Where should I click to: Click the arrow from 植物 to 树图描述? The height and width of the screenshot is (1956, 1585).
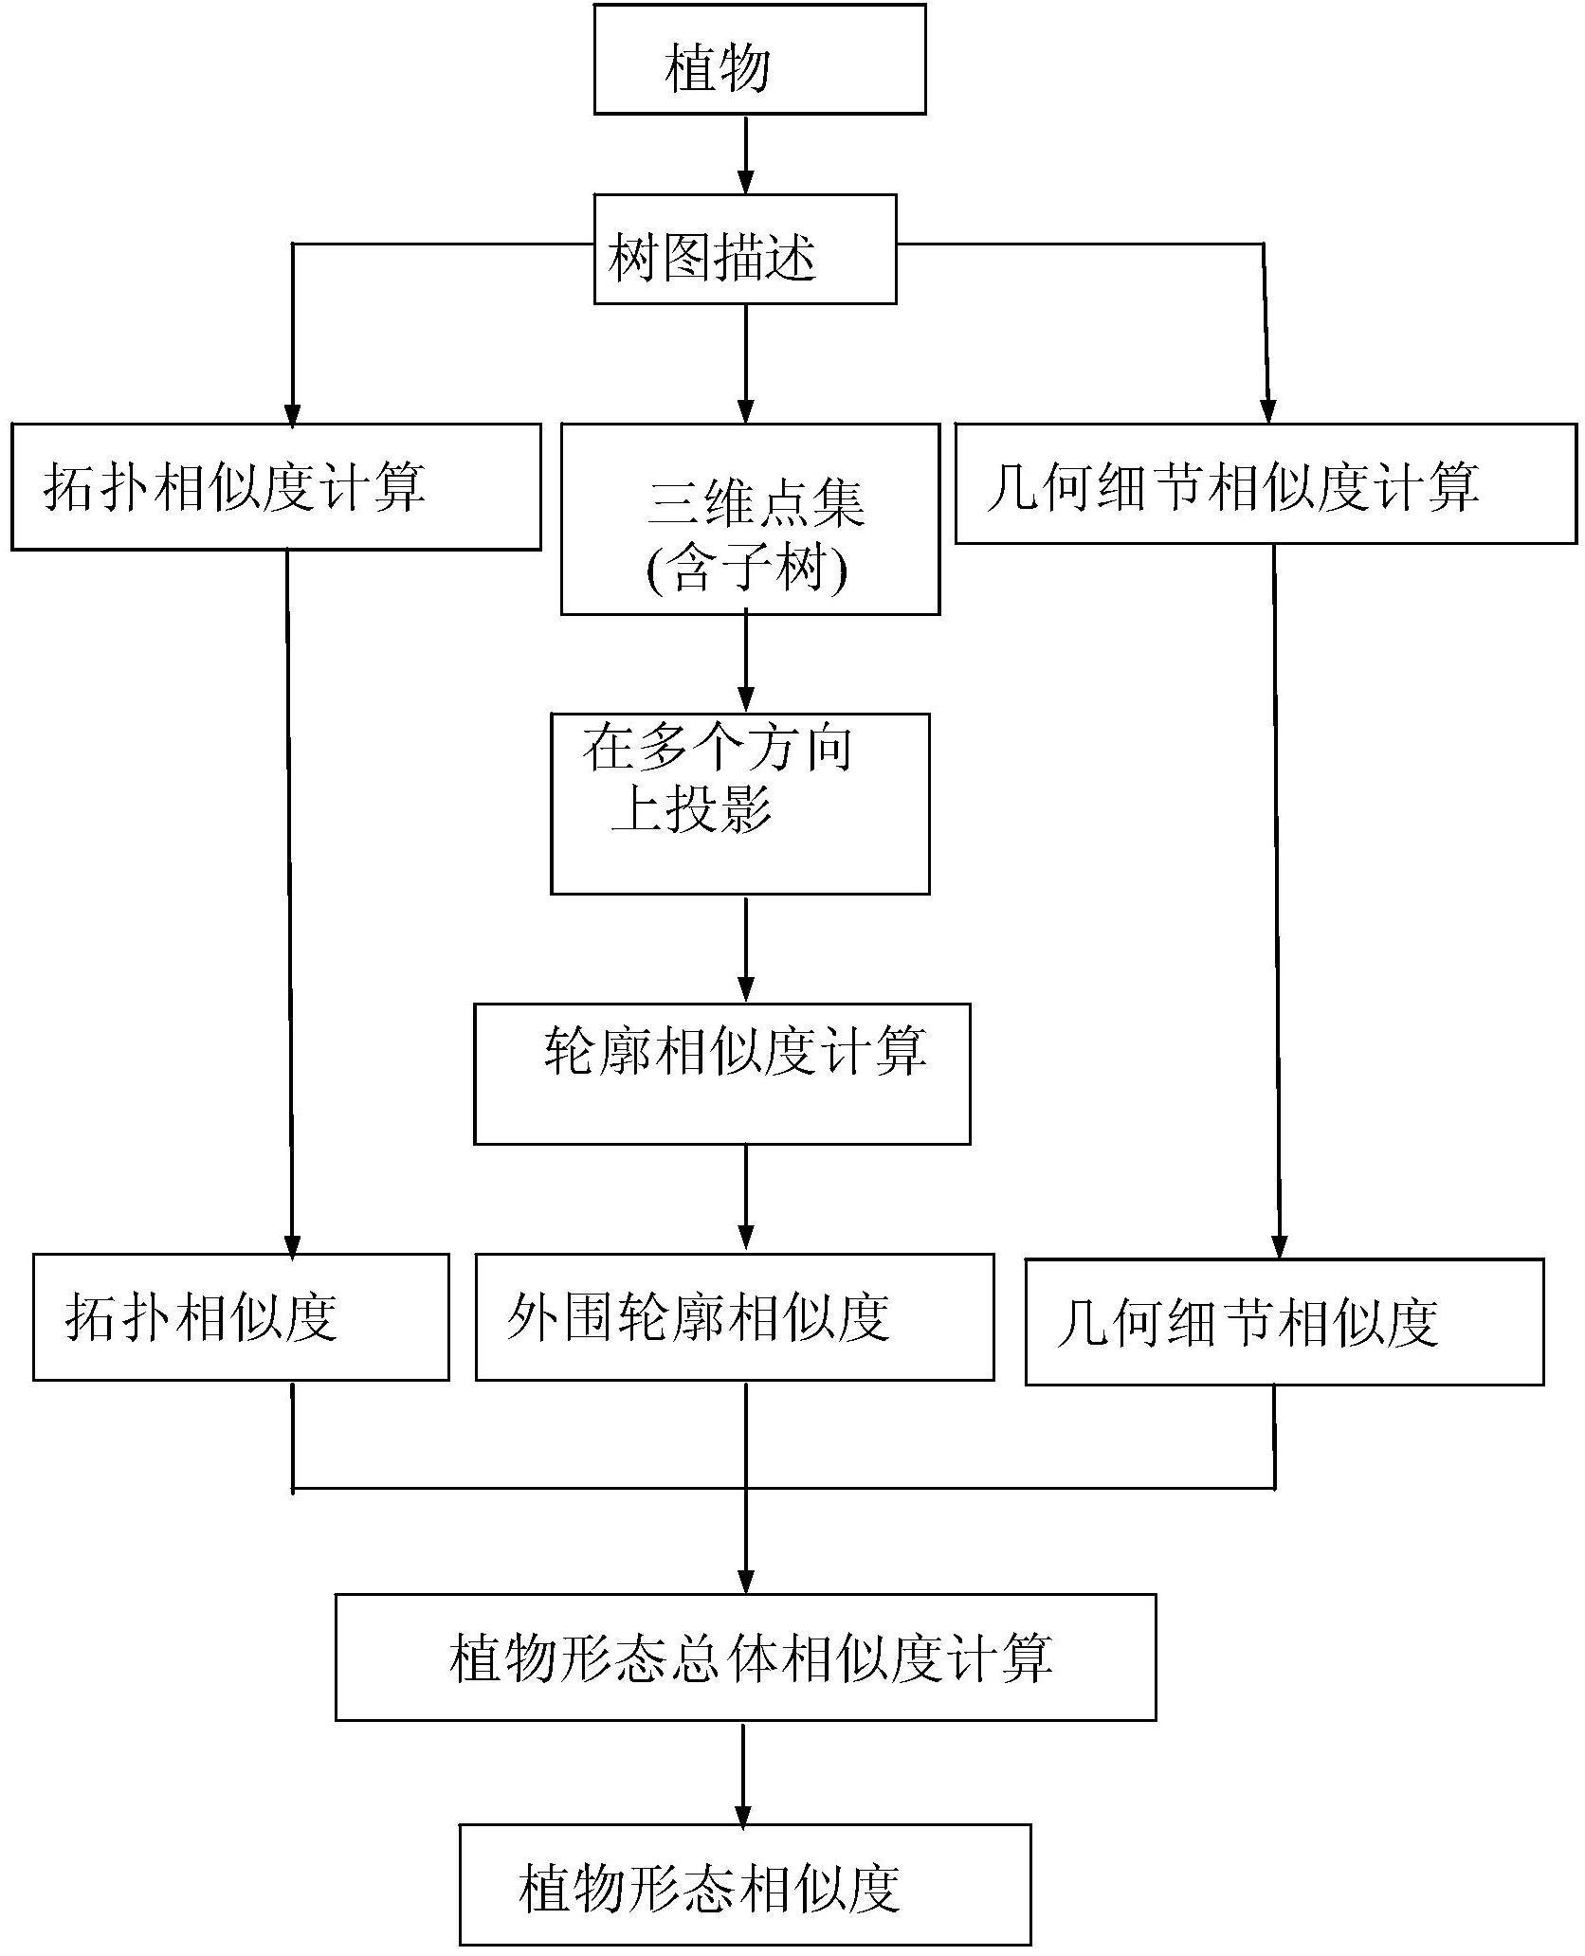click(x=746, y=155)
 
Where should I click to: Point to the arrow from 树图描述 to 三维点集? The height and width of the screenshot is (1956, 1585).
click(x=746, y=364)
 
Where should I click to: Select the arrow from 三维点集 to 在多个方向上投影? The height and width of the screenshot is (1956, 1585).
click(x=746, y=664)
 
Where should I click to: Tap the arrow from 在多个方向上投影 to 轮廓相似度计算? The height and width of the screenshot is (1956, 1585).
click(x=746, y=949)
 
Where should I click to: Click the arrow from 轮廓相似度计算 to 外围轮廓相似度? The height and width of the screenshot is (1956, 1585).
click(x=746, y=1199)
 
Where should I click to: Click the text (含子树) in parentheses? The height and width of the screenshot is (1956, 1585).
click(x=746, y=570)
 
